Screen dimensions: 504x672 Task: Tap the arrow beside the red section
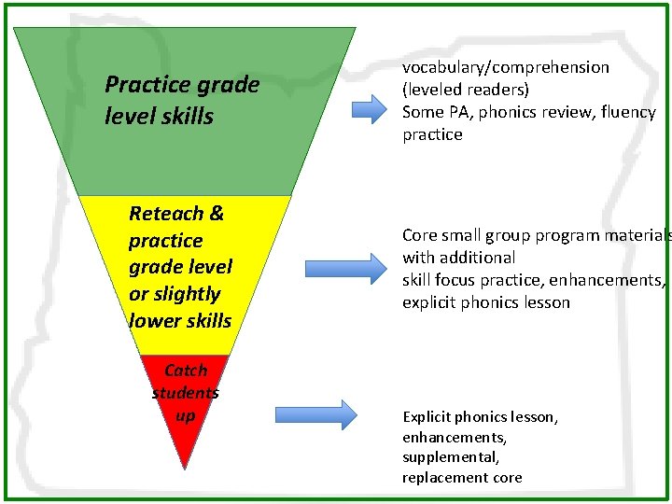pos(316,414)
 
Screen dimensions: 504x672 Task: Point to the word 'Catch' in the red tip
pos(185,371)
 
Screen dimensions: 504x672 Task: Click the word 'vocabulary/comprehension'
pos(506,67)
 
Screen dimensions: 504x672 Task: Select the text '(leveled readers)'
pos(466,90)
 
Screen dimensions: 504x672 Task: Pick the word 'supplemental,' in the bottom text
pos(451,457)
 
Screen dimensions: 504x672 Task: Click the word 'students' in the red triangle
pos(185,393)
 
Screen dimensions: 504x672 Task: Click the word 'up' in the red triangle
pos(185,414)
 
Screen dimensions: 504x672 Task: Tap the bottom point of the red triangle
pos(186,468)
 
